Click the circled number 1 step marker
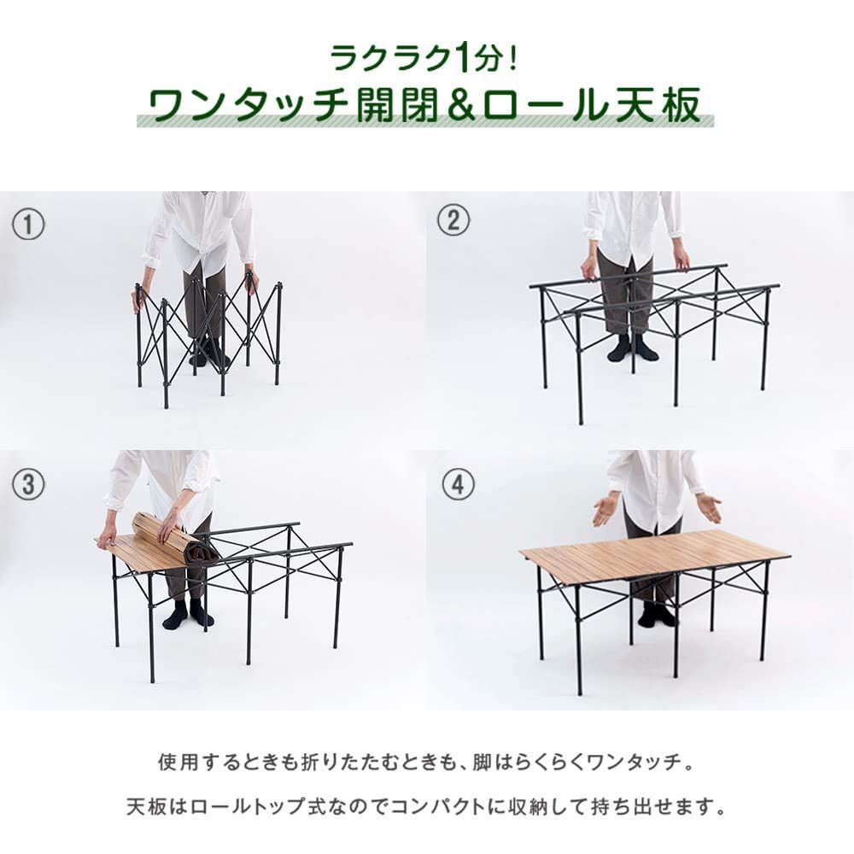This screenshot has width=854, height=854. pyautogui.click(x=28, y=225)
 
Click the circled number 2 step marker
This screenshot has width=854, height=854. pyautogui.click(x=453, y=219)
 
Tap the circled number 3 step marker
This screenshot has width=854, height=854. pyautogui.click(x=28, y=483)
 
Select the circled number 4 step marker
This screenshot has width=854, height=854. pyautogui.click(x=458, y=483)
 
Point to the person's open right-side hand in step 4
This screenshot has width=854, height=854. pyautogui.click(x=708, y=506)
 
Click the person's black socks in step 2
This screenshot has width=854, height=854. pyautogui.click(x=632, y=348)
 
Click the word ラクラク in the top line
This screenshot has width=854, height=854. pyautogui.click(x=391, y=59)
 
